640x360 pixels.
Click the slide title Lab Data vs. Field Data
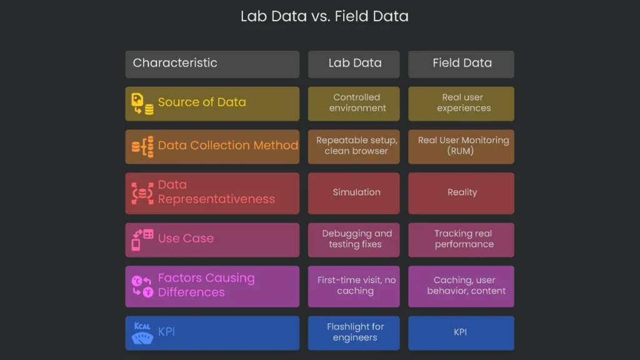[x=324, y=16]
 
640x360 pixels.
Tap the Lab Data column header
[x=354, y=63]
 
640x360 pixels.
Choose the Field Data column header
[x=462, y=63]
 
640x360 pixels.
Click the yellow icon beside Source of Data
[x=142, y=104]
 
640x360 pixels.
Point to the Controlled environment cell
[x=354, y=103]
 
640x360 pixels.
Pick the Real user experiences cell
[x=462, y=103]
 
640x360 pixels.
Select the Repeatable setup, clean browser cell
[x=354, y=146]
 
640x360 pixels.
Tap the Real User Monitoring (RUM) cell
[x=462, y=146]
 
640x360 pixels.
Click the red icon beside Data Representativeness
[x=142, y=193]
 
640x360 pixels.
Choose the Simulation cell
[x=354, y=192]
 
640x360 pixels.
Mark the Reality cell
[x=462, y=192]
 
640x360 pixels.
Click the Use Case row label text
[x=186, y=239]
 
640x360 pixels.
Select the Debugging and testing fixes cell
[x=354, y=239]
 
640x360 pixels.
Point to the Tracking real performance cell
[x=462, y=239]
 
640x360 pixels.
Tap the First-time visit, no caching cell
[x=354, y=286]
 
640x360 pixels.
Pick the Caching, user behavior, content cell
[x=462, y=286]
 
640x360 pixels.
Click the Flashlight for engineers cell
[x=354, y=332]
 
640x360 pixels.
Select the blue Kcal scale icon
[x=142, y=333]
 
